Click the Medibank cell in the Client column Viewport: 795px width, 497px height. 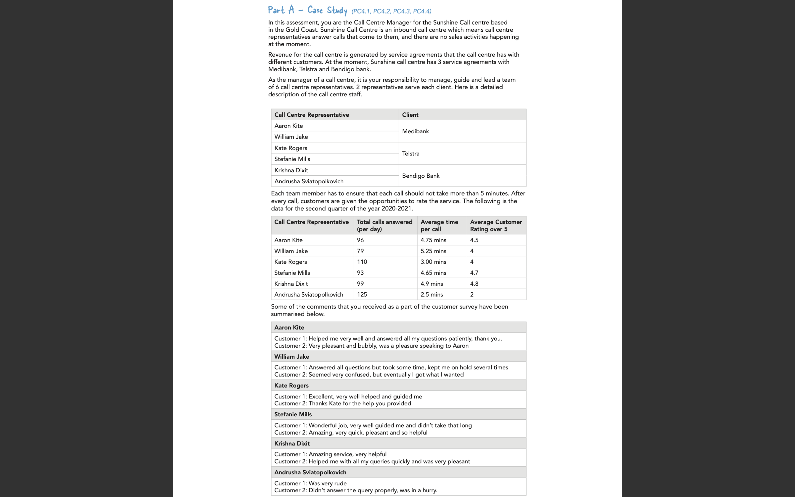[415, 131]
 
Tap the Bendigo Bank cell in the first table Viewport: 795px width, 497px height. [420, 176]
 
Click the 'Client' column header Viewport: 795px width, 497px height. [410, 115]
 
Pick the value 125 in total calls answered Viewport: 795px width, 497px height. [362, 295]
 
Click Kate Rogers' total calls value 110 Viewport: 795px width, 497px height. [362, 262]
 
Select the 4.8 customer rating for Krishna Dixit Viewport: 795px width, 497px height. [474, 284]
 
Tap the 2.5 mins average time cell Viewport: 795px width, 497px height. [431, 295]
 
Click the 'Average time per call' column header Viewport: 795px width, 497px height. [439, 226]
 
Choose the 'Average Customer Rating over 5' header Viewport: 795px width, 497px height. [495, 226]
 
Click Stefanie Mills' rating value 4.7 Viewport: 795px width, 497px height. [474, 273]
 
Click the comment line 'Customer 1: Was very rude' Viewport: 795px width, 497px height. [310, 483]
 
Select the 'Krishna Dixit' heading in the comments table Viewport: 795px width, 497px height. [292, 443]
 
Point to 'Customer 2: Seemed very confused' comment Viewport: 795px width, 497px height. [369, 375]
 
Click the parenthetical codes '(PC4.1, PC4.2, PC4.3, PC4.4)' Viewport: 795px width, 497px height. [391, 11]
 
